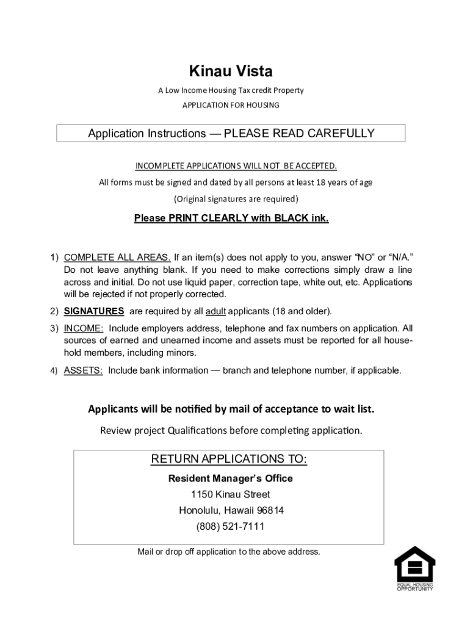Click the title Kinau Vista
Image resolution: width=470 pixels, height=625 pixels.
pyautogui.click(x=231, y=71)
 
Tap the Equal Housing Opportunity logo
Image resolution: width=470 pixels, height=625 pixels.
pyautogui.click(x=414, y=568)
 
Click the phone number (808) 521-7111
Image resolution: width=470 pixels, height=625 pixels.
pyautogui.click(x=230, y=526)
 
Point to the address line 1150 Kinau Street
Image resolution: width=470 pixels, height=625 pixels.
pyautogui.click(x=230, y=494)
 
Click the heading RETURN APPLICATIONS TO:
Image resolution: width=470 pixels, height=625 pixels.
pyautogui.click(x=229, y=459)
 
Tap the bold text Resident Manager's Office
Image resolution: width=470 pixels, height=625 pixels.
pyautogui.click(x=230, y=479)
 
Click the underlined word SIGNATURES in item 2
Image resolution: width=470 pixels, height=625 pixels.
pyautogui.click(x=94, y=311)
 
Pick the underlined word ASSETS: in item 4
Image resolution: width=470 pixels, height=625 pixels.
pyautogui.click(x=84, y=370)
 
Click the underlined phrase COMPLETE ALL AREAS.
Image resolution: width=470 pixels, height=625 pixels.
pyautogui.click(x=117, y=257)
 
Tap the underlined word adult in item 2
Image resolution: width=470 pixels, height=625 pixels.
pyautogui.click(x=216, y=311)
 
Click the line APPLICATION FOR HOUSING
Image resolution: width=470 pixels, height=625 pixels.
pyautogui.click(x=231, y=105)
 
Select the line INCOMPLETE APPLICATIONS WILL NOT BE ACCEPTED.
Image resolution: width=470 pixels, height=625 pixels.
pyautogui.click(x=236, y=166)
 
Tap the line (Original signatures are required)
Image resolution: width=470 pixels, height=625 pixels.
pyautogui.click(x=236, y=199)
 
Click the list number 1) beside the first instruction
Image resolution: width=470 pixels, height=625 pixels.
pyautogui.click(x=54, y=257)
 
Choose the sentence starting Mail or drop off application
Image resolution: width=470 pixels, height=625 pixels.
pyautogui.click(x=229, y=552)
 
